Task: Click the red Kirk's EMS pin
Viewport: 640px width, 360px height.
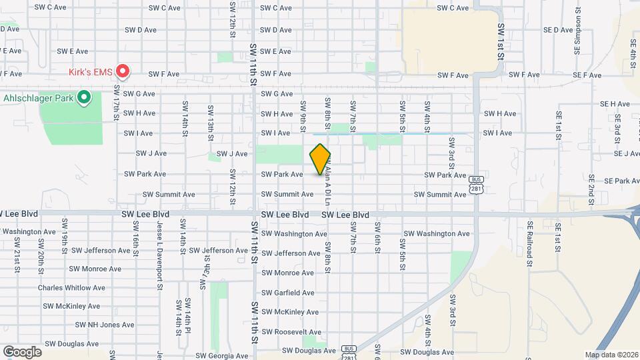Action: [123, 70]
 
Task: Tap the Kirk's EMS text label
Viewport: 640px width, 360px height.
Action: [91, 71]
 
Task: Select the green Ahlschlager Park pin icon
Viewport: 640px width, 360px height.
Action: [83, 98]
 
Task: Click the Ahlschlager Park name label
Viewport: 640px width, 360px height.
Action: [39, 98]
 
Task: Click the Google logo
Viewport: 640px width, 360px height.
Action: [22, 351]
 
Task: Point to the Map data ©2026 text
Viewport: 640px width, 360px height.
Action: [611, 355]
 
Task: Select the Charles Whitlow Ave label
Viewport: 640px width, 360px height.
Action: [71, 288]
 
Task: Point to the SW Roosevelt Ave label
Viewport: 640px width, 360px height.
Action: [291, 332]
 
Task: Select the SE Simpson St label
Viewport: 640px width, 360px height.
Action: [577, 37]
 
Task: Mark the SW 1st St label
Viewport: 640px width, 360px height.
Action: [500, 41]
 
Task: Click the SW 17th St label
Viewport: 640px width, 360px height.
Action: [116, 101]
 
